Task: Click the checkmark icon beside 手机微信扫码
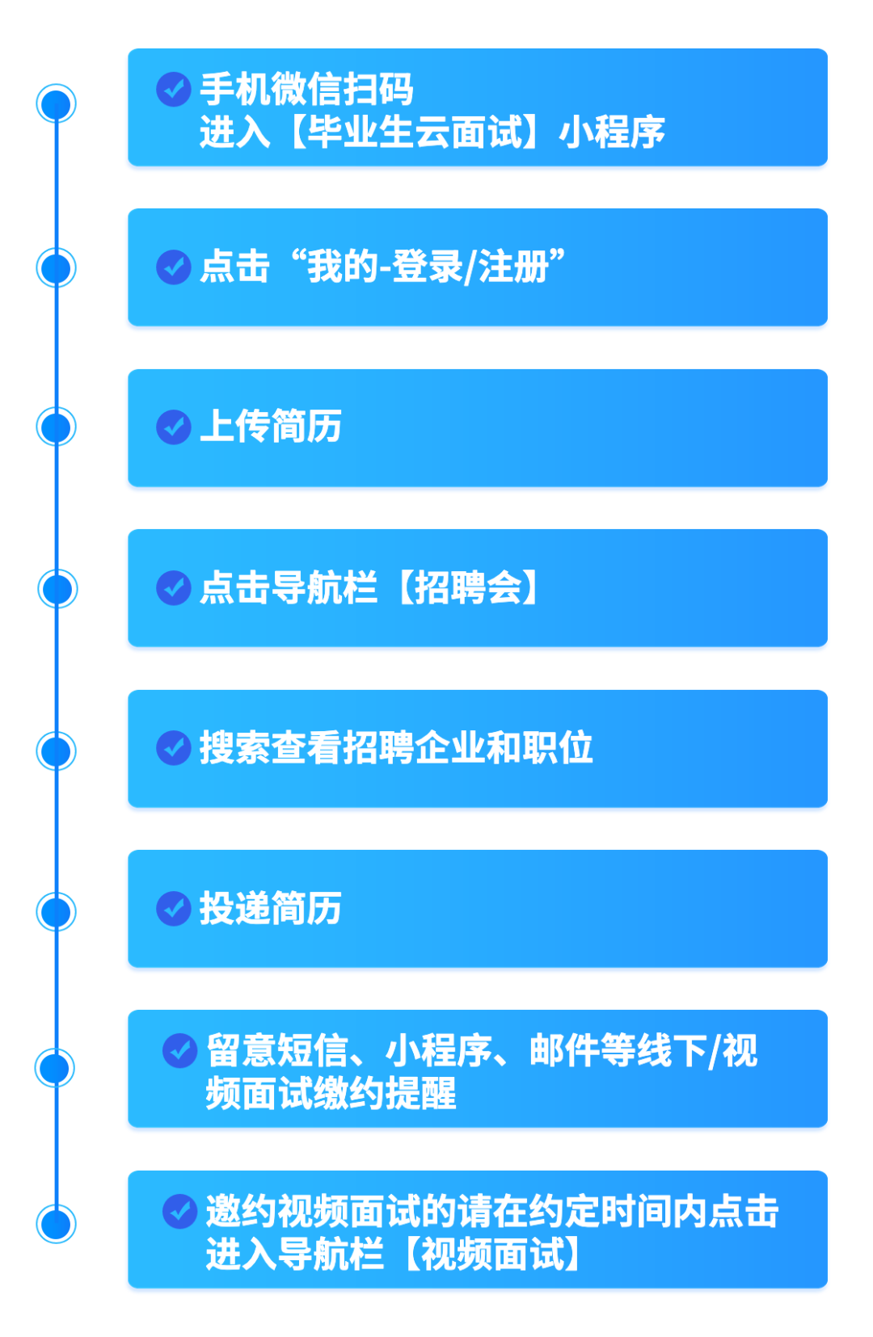(x=173, y=90)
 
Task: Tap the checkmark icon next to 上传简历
(x=173, y=427)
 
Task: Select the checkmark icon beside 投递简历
(x=173, y=909)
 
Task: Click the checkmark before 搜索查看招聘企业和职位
(x=173, y=748)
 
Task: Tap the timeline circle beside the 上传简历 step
(x=56, y=427)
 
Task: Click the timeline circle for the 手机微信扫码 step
(x=56, y=103)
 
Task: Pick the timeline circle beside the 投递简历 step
(x=56, y=911)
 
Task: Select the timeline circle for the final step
(x=56, y=1223)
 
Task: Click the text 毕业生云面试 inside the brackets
(x=415, y=132)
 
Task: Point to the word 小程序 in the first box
(x=612, y=132)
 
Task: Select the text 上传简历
(x=270, y=427)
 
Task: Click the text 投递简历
(x=270, y=909)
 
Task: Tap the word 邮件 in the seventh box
(x=564, y=1051)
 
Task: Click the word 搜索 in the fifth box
(x=234, y=748)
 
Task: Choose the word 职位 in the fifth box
(x=557, y=748)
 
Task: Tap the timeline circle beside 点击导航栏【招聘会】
(x=57, y=588)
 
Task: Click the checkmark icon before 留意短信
(x=179, y=1050)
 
